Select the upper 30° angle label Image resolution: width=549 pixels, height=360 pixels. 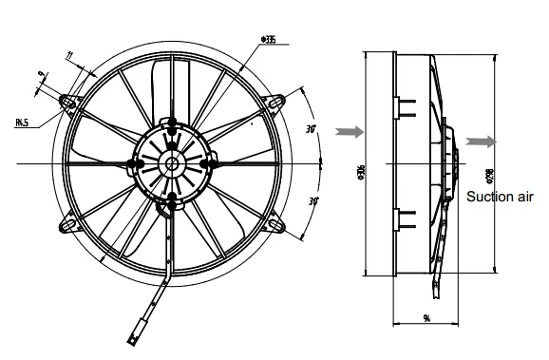pos(311,127)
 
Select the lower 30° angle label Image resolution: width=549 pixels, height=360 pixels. pos(312,201)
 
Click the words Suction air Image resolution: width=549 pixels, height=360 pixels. pos(501,198)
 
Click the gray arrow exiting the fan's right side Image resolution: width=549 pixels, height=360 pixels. pos(481,142)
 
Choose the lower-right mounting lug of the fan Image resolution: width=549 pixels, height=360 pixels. pos(276,224)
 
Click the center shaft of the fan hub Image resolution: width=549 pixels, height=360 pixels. pos(172,162)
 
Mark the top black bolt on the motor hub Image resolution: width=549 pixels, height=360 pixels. pos(173,122)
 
